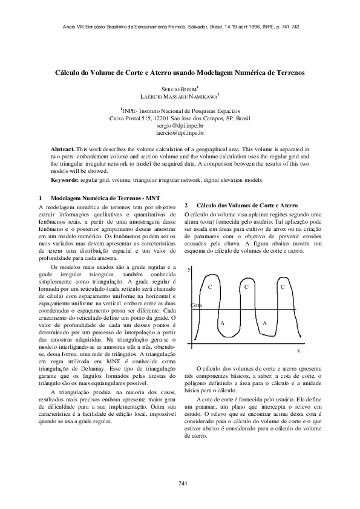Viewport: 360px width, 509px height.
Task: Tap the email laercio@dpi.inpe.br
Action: [180, 132]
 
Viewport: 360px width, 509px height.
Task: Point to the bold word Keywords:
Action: [65, 180]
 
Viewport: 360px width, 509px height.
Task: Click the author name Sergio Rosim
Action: [180, 89]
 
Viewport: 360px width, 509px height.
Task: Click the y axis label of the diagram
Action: [189, 268]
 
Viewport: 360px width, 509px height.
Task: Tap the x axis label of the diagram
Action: [298, 351]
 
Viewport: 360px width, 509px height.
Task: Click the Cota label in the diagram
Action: [196, 306]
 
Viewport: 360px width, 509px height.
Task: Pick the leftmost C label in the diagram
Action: [209, 286]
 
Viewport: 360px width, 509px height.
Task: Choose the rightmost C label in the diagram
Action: [283, 286]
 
